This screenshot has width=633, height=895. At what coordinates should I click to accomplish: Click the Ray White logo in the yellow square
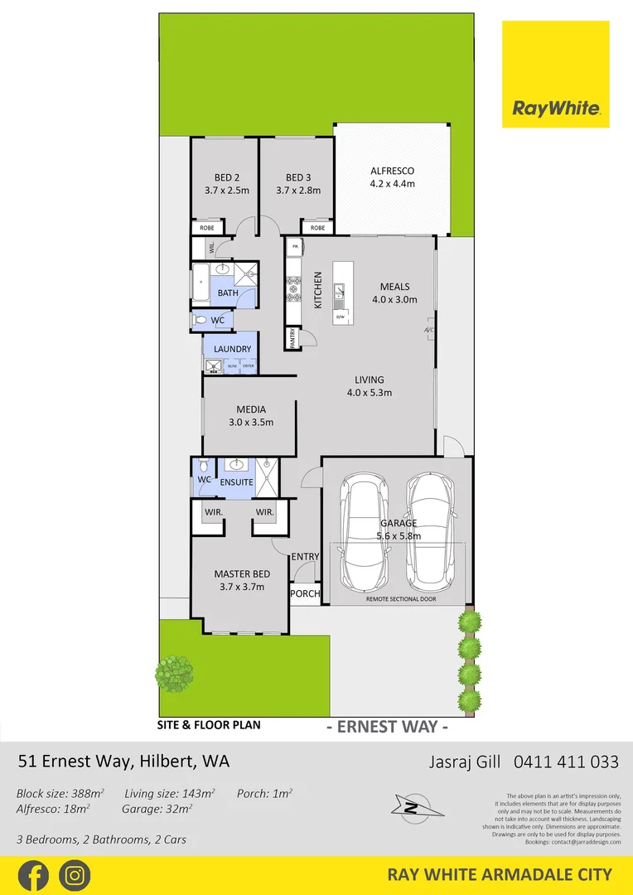(555, 108)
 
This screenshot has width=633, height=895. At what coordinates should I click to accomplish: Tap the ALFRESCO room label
(392, 171)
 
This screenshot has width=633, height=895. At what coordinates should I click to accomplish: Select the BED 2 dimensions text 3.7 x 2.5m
(227, 191)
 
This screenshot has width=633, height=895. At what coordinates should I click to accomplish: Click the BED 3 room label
(298, 177)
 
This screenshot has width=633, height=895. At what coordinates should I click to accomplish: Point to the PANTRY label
(292, 338)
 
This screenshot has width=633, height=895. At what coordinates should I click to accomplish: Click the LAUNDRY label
(232, 350)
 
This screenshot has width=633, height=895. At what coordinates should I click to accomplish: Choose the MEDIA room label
(250, 409)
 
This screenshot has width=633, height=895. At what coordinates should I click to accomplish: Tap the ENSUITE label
(237, 481)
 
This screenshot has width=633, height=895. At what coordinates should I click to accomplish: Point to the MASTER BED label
(242, 573)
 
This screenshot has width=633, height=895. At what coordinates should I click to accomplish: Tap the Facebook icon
(33, 875)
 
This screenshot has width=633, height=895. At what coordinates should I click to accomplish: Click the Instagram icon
(75, 875)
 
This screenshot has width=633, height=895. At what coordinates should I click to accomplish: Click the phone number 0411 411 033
(566, 761)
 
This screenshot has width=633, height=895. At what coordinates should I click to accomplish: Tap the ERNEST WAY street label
(388, 728)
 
